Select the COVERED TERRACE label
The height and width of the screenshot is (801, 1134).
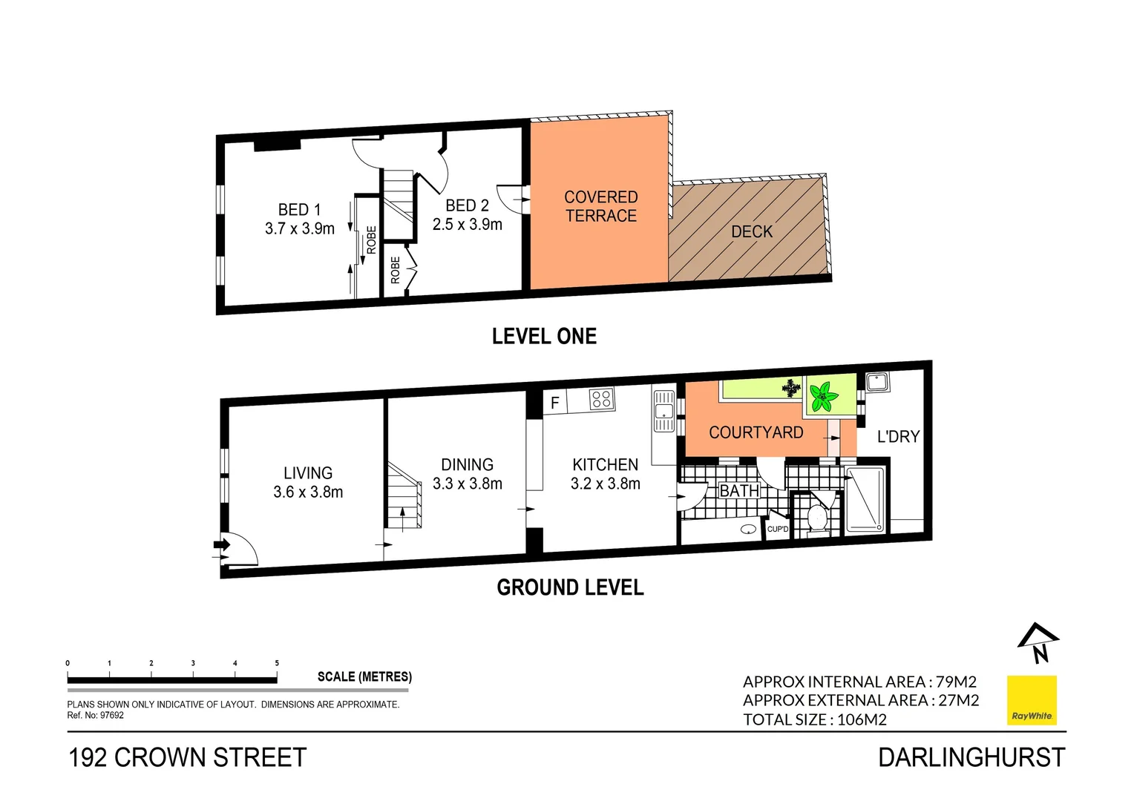click(600, 206)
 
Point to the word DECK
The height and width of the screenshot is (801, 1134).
click(752, 231)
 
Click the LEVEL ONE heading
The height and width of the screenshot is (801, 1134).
click(544, 336)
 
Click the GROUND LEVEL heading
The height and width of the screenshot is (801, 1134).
click(570, 587)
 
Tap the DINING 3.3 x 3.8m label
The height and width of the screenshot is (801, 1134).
click(467, 474)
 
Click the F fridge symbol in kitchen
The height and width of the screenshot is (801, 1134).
click(554, 403)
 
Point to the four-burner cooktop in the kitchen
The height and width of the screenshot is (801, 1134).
click(601, 399)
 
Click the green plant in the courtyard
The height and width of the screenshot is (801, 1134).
click(822, 398)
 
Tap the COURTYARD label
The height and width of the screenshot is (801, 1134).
click(756, 432)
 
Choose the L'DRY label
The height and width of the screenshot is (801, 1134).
click(898, 436)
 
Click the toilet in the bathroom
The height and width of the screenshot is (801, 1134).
click(817, 517)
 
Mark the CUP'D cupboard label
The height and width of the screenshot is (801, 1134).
click(777, 529)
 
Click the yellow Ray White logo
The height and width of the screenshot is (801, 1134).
click(1031, 699)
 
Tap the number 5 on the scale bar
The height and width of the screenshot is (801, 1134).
click(277, 663)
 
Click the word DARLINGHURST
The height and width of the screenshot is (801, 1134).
click(971, 757)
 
